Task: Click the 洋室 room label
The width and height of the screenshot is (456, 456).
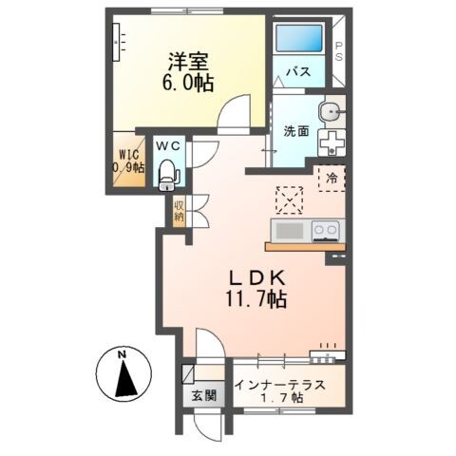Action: pos(188,62)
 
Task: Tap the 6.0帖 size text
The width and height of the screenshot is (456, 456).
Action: pos(188,83)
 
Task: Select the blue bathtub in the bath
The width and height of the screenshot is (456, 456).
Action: pos(298,38)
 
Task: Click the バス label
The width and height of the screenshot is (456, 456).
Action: pos(298,72)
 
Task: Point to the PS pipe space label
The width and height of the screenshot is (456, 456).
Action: pos(339,51)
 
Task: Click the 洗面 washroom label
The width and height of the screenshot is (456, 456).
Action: pos(296,131)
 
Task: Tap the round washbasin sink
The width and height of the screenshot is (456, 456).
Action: pos(331,112)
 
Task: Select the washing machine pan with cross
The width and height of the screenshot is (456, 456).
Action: pos(332,142)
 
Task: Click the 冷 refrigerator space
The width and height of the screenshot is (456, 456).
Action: pos(332,179)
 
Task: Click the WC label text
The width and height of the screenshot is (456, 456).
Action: pos(168,146)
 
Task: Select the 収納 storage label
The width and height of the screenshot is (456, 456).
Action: pos(179,212)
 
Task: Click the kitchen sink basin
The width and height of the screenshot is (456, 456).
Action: pos(290,231)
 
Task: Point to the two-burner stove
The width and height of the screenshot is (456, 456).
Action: pos(326,231)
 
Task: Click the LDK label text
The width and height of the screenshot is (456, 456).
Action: pos(257,278)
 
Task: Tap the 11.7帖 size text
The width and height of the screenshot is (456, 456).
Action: pos(256,299)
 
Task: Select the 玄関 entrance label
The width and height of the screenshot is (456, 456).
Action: pos(204,395)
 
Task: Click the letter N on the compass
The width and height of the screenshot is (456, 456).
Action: pos(122,354)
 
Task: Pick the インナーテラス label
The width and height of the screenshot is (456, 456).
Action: pos(280,386)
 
